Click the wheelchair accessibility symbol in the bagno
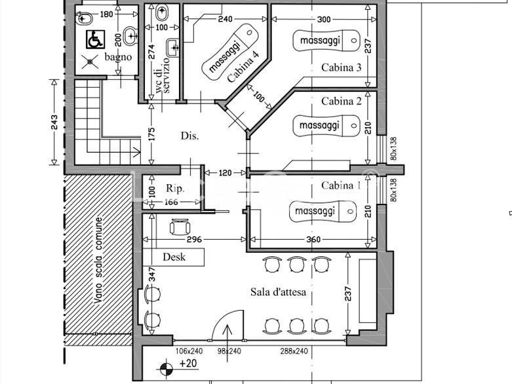[x=95, y=40]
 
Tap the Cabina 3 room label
[x=341, y=67]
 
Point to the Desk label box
[x=174, y=257]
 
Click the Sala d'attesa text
[x=278, y=292]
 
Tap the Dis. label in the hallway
[x=189, y=136]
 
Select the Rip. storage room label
[x=174, y=188]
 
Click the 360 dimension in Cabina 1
[x=313, y=240]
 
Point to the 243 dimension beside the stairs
[x=54, y=122]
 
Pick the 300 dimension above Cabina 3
[x=323, y=19]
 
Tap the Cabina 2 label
[x=341, y=102]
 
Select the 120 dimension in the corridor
[x=225, y=173]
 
